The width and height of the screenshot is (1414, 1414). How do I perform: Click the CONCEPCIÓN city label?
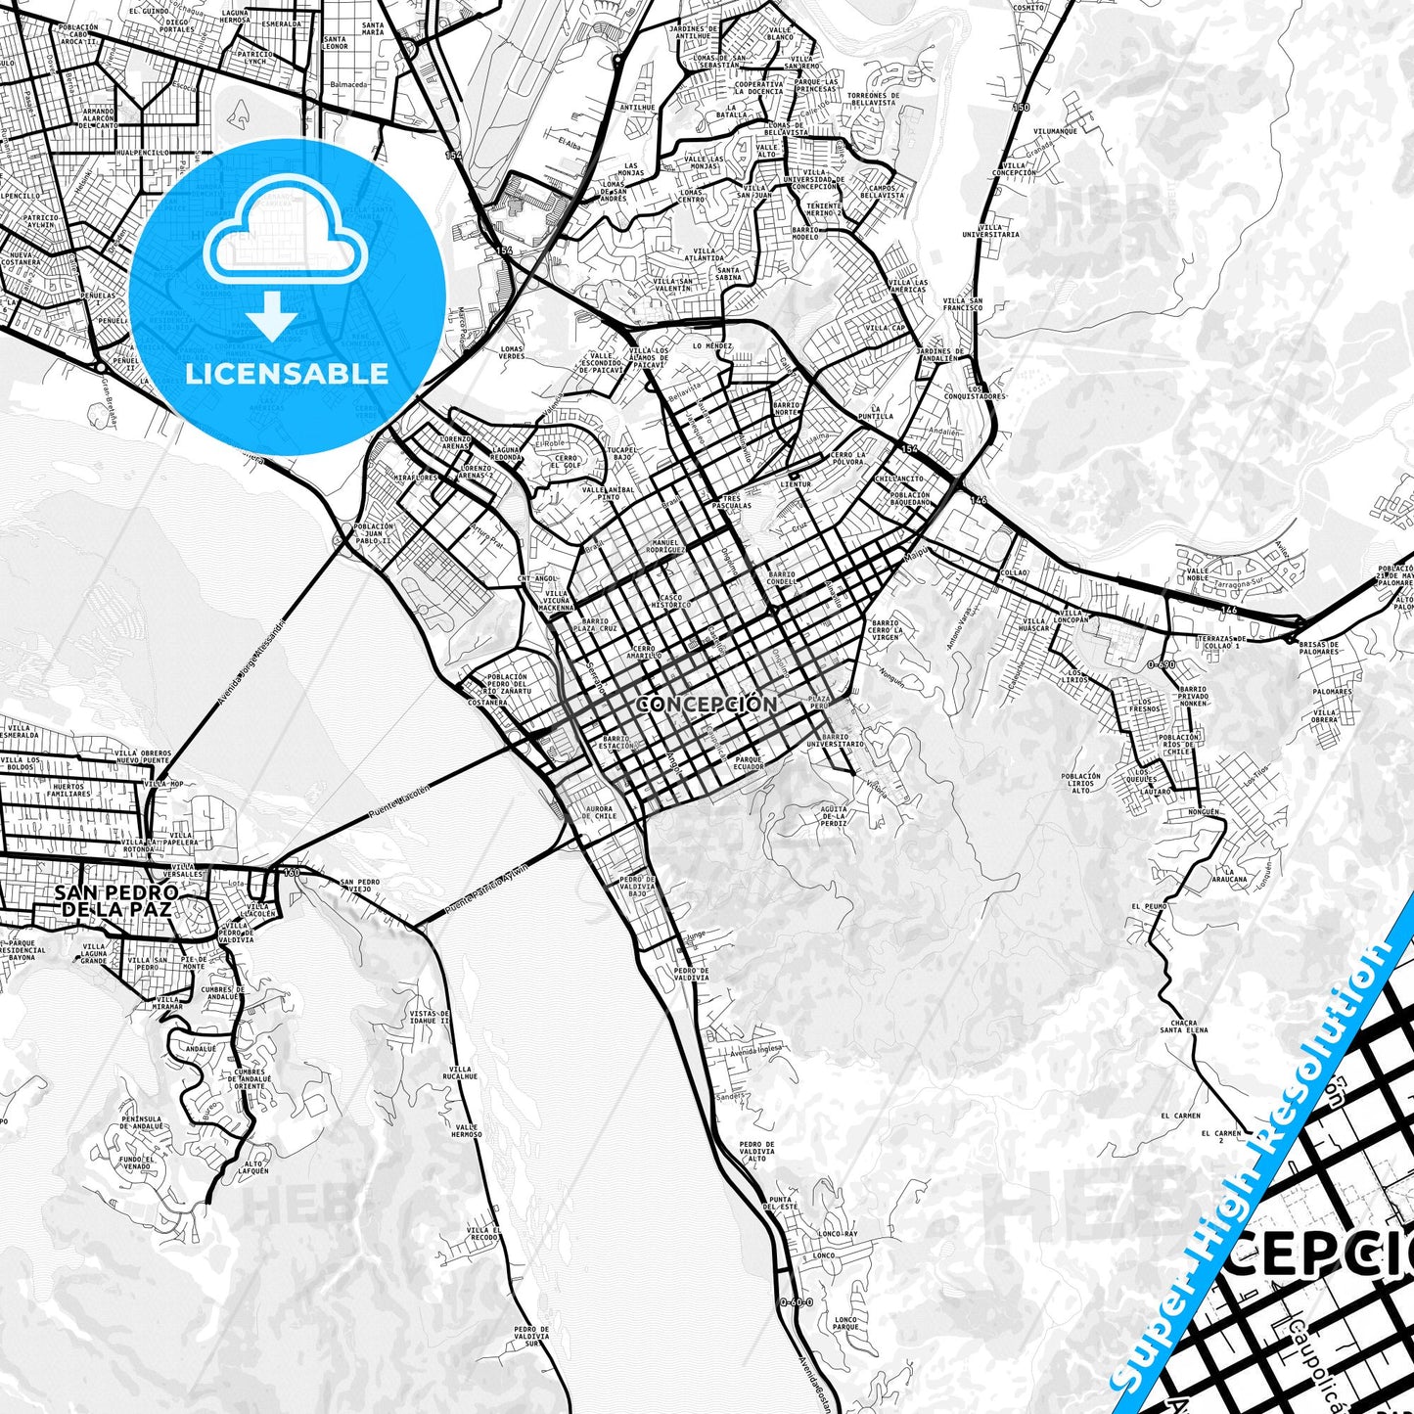[x=707, y=704]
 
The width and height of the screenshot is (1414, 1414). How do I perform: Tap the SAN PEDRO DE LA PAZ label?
[x=115, y=901]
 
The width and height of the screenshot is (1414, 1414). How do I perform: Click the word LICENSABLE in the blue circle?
[x=287, y=374]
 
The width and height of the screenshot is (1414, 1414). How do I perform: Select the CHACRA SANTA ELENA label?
[x=1183, y=1026]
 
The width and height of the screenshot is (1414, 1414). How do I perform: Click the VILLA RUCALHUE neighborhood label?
[x=460, y=1073]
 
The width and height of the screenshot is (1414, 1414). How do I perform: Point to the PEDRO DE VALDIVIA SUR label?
[x=530, y=1336]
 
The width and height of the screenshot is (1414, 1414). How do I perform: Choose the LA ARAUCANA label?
[x=1234, y=875]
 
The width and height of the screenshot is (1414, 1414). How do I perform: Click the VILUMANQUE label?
[x=1055, y=131]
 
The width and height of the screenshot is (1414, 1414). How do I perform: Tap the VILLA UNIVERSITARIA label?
[x=990, y=231]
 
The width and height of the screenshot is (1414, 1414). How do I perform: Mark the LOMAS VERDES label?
[x=512, y=352]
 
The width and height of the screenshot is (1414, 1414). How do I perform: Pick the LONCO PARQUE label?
[x=845, y=1324]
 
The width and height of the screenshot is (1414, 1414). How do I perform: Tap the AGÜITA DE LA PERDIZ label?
[x=834, y=816]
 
